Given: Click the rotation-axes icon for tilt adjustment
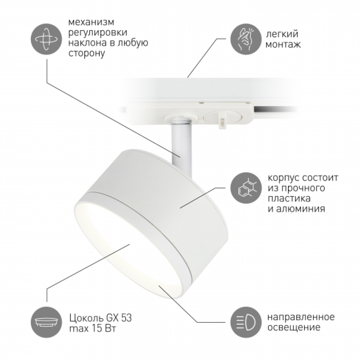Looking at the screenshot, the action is click(x=46, y=39).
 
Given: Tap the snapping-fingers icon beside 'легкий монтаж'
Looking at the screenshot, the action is click(x=246, y=39).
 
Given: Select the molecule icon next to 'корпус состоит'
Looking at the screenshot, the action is click(x=246, y=188).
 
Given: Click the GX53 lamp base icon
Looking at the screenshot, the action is click(x=46, y=322).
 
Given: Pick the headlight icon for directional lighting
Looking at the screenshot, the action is click(x=246, y=322).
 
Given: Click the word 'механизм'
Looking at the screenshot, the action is click(x=91, y=22).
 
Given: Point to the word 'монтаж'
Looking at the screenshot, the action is click(x=283, y=44).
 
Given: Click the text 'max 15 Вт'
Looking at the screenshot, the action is click(x=92, y=328).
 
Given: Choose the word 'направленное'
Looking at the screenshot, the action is click(x=301, y=317).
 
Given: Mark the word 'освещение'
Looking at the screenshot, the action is click(x=294, y=327).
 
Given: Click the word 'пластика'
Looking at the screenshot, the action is click(x=289, y=198).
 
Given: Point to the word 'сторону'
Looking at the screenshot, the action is click(x=87, y=53).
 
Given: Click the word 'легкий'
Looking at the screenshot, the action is click(x=282, y=34).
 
